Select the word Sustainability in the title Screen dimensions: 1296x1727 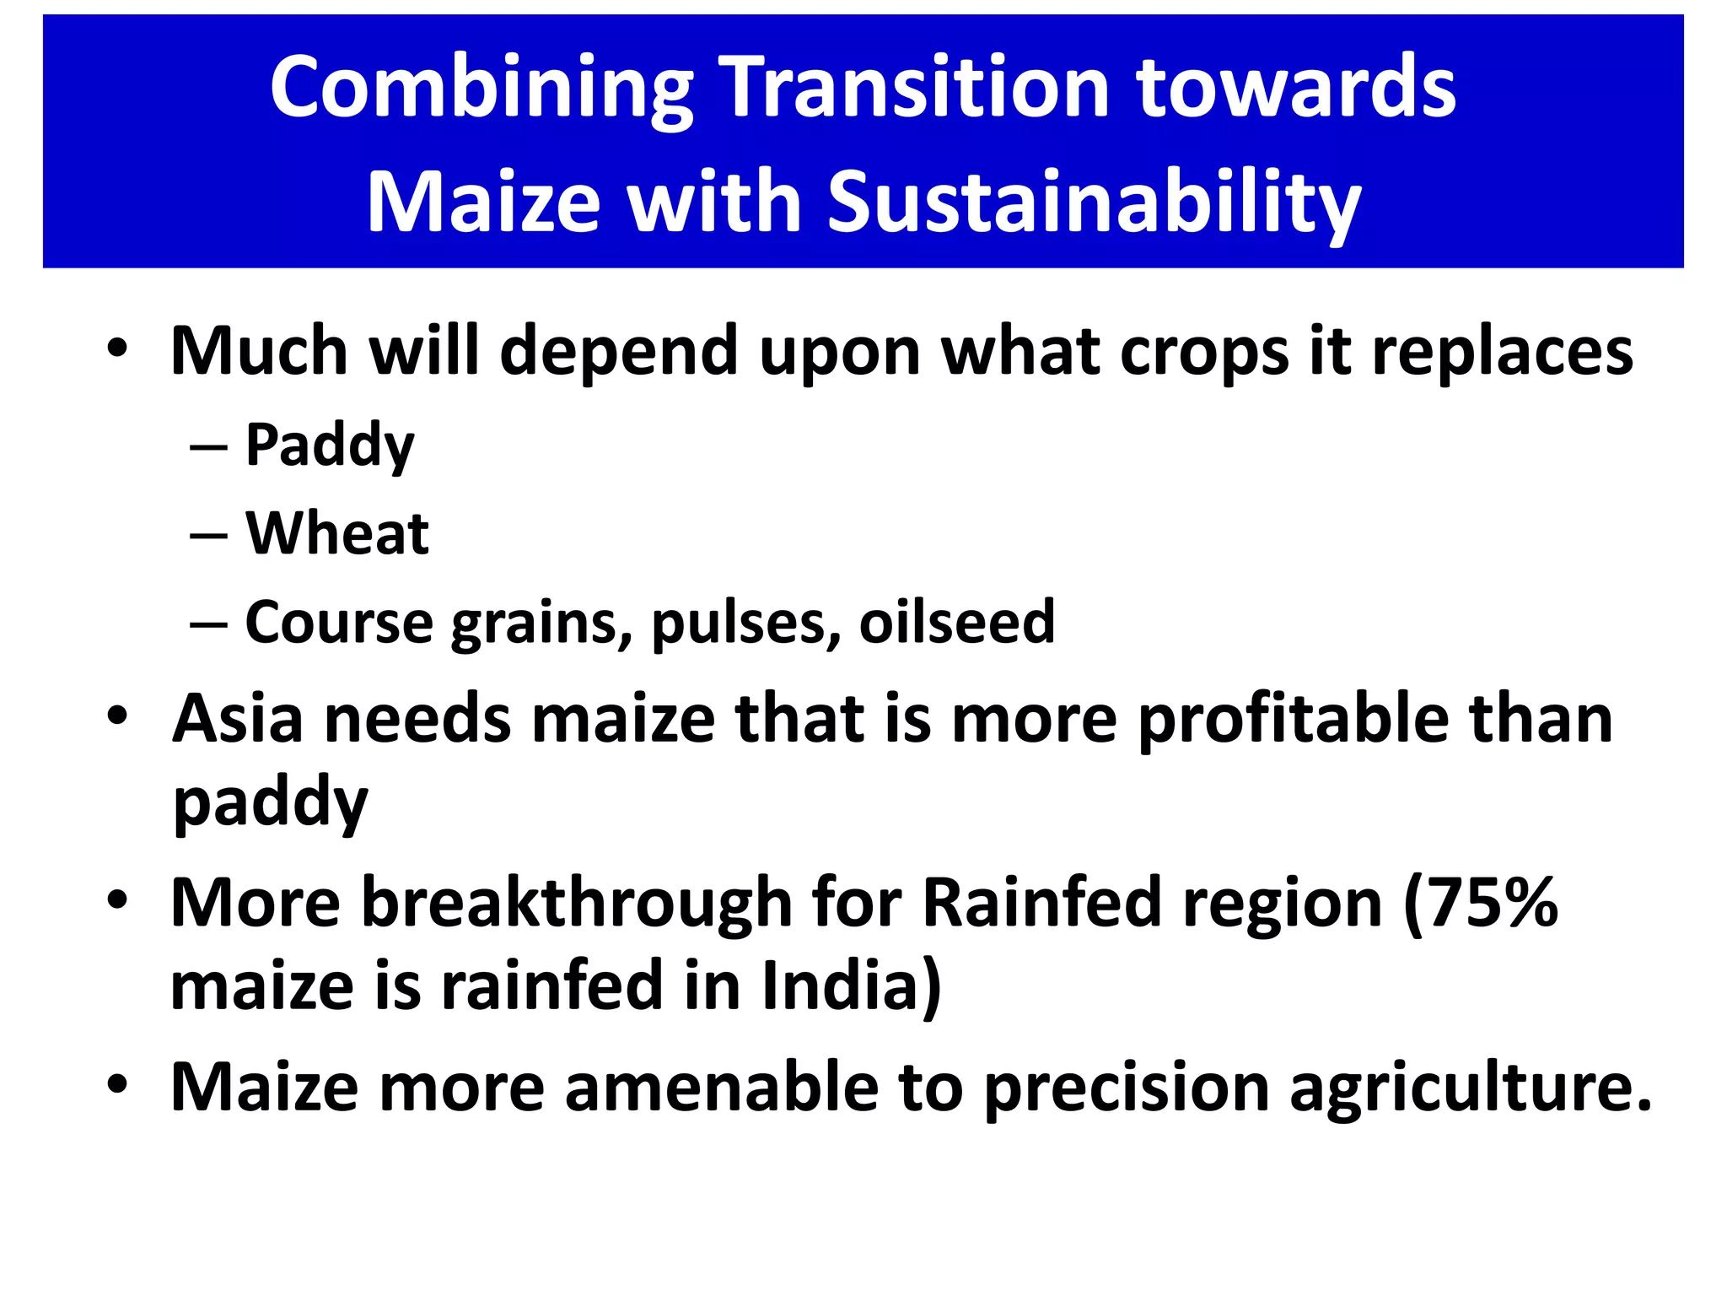point(1094,202)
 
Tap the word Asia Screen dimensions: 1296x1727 point(238,719)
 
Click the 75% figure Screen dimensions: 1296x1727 point(1480,903)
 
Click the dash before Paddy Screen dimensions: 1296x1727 point(208,446)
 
